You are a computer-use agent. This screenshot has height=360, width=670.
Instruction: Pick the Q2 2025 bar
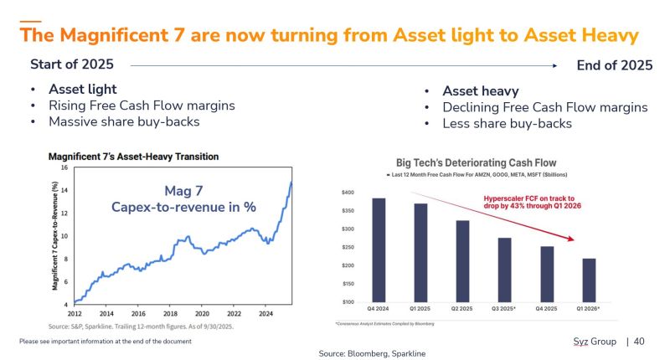point(461,260)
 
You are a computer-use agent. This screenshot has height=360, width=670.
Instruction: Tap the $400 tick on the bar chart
point(347,193)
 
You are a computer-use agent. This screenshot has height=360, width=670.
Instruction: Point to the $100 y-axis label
point(347,301)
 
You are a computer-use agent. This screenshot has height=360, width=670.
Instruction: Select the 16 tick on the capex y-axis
point(64,167)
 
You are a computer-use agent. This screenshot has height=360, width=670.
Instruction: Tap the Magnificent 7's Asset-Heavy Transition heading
point(133,156)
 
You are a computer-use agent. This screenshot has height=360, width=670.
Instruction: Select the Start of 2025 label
point(72,64)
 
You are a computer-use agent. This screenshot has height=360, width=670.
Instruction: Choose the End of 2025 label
point(615,65)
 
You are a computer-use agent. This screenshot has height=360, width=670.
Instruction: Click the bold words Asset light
point(83,89)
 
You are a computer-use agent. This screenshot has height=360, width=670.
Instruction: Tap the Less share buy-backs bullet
point(507,124)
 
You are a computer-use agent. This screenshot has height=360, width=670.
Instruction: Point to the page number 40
point(639,342)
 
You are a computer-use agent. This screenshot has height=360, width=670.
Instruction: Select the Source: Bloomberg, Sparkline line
point(372,354)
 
